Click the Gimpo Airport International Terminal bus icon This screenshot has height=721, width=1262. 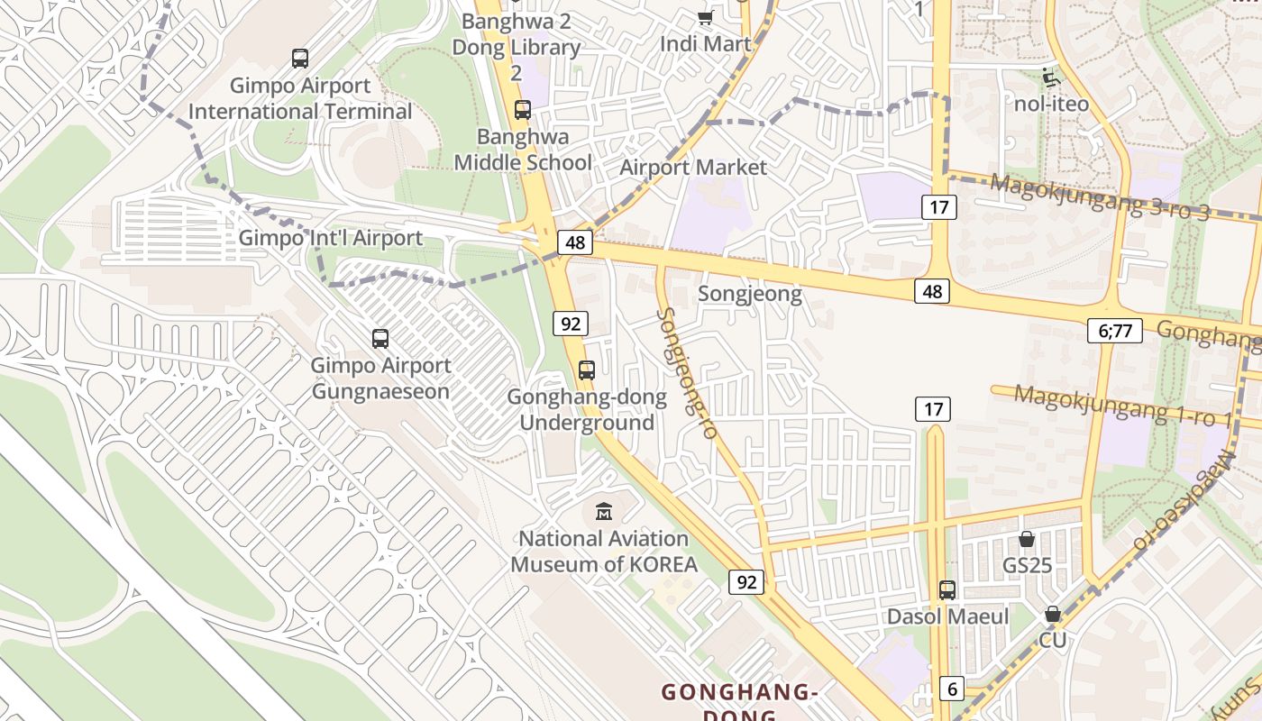click(x=300, y=59)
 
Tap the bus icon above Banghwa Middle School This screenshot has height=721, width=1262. click(x=522, y=110)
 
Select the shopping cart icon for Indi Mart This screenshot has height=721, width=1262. click(x=705, y=17)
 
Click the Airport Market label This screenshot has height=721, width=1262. click(x=693, y=168)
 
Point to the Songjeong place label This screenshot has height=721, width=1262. click(x=750, y=295)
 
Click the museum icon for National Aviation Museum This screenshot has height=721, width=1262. click(x=604, y=511)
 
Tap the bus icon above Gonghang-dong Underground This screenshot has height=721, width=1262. click(x=587, y=370)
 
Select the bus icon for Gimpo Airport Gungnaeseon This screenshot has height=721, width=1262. click(x=380, y=339)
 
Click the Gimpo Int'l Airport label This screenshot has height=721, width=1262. click(x=330, y=239)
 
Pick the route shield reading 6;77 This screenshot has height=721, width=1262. click(x=1115, y=331)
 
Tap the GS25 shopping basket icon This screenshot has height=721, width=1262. click(x=1026, y=539)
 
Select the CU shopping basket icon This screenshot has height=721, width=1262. click(x=1052, y=614)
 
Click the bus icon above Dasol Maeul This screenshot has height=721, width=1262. click(x=946, y=589)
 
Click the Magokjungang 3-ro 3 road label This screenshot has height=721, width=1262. click(x=1100, y=196)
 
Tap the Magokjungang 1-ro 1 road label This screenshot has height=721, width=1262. click(x=1122, y=406)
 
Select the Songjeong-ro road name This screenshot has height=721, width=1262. click(x=687, y=373)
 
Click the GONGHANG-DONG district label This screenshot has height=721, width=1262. click(x=738, y=692)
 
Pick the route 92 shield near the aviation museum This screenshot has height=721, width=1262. click(x=746, y=582)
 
